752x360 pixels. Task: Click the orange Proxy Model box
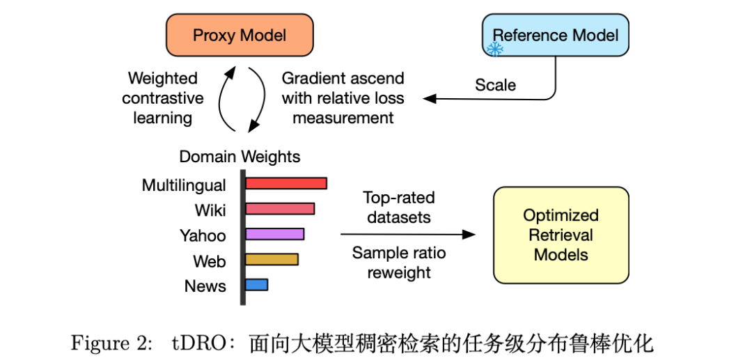(240, 36)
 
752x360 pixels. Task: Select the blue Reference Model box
(556, 36)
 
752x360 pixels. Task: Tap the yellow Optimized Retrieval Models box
(561, 235)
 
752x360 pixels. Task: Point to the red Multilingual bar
(286, 183)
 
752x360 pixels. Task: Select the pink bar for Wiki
(280, 208)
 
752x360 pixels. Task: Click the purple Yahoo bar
(275, 234)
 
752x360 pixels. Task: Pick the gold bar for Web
(272, 259)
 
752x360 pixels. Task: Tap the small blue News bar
(256, 285)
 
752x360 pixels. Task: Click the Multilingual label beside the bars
(184, 185)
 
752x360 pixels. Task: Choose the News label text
(205, 286)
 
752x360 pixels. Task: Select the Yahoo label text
(203, 235)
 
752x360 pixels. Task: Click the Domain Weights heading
(240, 157)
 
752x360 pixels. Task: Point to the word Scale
(496, 86)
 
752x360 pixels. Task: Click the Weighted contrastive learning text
(163, 98)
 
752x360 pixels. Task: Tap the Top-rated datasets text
(398, 207)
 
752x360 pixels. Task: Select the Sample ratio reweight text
(398, 263)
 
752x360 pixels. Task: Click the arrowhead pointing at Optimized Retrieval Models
(469, 235)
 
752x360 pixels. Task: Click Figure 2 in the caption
(111, 343)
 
